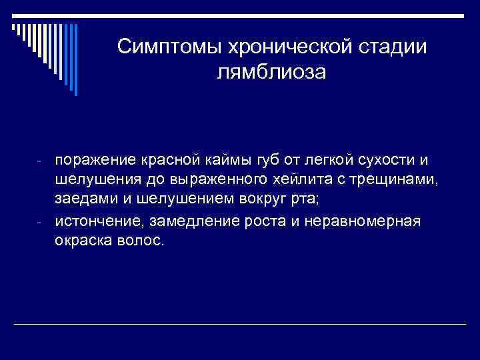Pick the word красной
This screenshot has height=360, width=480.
pos(166,160)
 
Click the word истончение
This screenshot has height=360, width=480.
pos(94,221)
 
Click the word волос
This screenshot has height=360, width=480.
pos(138,240)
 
